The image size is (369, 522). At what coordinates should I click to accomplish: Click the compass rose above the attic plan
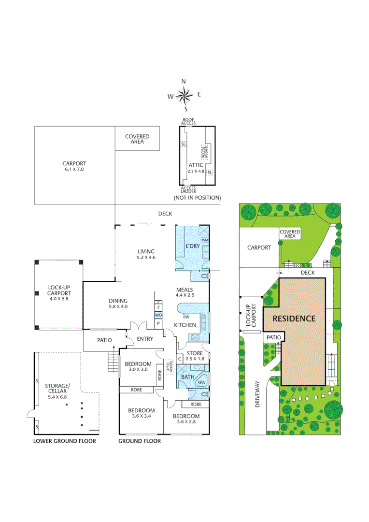pos(184,95)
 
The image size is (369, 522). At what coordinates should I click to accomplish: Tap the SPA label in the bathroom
pos(200,383)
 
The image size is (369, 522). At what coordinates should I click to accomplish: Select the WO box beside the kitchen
pos(158,315)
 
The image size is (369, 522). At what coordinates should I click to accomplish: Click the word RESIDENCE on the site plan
pos(294,319)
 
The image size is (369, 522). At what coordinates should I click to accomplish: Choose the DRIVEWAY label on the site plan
pos(257,394)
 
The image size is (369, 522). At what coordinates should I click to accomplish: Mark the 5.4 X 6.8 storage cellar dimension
pos(57,396)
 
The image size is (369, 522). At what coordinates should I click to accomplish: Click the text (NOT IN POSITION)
pos(197,198)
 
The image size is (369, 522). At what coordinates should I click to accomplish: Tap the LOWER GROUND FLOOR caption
pos(64,441)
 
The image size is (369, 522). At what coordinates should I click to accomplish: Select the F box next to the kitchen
pos(158,308)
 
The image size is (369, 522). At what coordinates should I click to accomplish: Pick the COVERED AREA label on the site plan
pos(290,234)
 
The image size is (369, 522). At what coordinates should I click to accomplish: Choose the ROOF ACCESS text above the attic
pos(188,121)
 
